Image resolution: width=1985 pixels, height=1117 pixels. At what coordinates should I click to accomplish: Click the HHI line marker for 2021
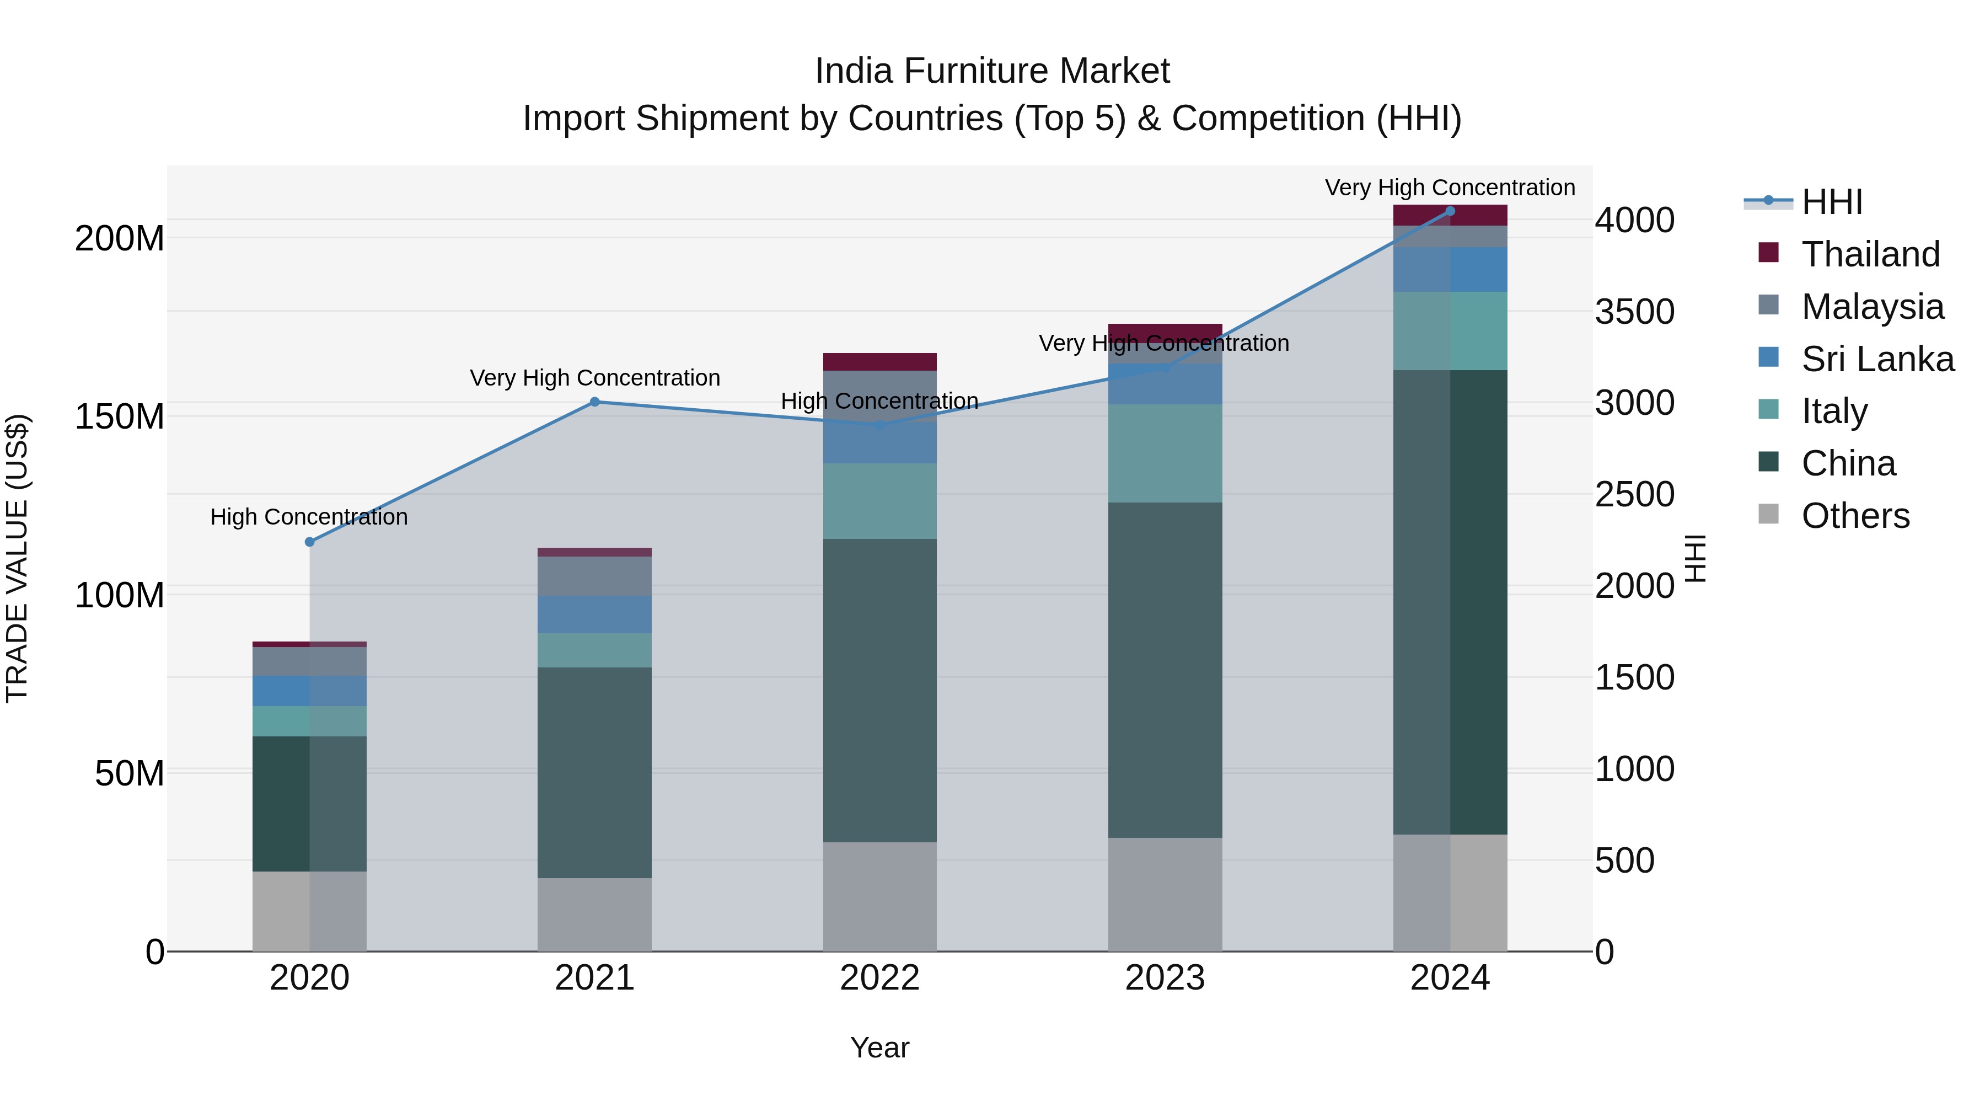594,402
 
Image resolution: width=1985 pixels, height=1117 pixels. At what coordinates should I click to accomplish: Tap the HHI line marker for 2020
310,542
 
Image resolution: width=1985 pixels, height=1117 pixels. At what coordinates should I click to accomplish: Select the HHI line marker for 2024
1450,211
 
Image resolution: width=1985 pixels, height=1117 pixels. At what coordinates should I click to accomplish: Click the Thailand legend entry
1870,254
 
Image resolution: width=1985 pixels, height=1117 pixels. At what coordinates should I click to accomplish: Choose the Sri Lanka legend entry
1877,359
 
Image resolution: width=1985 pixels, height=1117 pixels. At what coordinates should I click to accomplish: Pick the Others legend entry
1855,515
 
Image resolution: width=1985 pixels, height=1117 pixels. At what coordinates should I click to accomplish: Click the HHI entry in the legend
1832,202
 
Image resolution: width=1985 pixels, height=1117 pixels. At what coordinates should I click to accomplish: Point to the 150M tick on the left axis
120,417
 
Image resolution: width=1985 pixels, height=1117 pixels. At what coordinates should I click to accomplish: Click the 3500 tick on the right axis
1634,312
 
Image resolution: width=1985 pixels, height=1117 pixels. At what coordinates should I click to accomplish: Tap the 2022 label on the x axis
879,977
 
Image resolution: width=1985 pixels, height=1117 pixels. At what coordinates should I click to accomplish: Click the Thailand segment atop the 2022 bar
879,361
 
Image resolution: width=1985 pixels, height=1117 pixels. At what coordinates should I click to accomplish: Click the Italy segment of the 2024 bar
1450,331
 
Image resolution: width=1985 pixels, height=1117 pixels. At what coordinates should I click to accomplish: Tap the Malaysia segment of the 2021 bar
594,576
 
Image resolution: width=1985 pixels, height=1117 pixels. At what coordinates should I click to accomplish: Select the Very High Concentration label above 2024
1450,188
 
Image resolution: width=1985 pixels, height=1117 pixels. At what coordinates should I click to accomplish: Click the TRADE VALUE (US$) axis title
18,558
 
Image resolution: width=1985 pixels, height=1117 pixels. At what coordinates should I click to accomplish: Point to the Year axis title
879,1047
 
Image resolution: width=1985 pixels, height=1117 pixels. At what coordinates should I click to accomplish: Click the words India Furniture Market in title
992,71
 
